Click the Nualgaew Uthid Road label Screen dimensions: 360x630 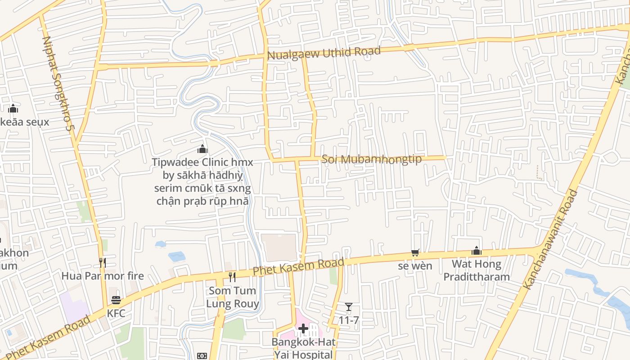tap(324, 53)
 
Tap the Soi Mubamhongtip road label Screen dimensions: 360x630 tap(372, 159)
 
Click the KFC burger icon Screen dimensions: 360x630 tap(116, 300)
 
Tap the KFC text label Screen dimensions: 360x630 tap(116, 312)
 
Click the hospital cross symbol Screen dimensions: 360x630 tap(303, 329)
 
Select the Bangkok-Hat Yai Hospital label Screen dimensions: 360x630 tap(303, 348)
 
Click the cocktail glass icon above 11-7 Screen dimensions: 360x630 tap(349, 307)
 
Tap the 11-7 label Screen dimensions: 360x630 tap(349, 320)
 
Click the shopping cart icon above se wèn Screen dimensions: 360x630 tap(415, 252)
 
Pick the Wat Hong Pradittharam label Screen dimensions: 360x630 tap(477, 270)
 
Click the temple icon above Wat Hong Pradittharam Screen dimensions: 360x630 tap(477, 251)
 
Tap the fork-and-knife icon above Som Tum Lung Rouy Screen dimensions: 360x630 tap(232, 277)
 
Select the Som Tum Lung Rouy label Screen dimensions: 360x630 tap(233, 297)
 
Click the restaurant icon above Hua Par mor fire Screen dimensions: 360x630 tap(103, 262)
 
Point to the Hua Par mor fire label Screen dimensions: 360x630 tap(103, 276)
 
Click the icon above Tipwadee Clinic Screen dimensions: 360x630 tap(202, 149)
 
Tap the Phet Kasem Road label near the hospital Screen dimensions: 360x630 tap(298, 267)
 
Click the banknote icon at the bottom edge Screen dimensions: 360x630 tap(202, 356)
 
